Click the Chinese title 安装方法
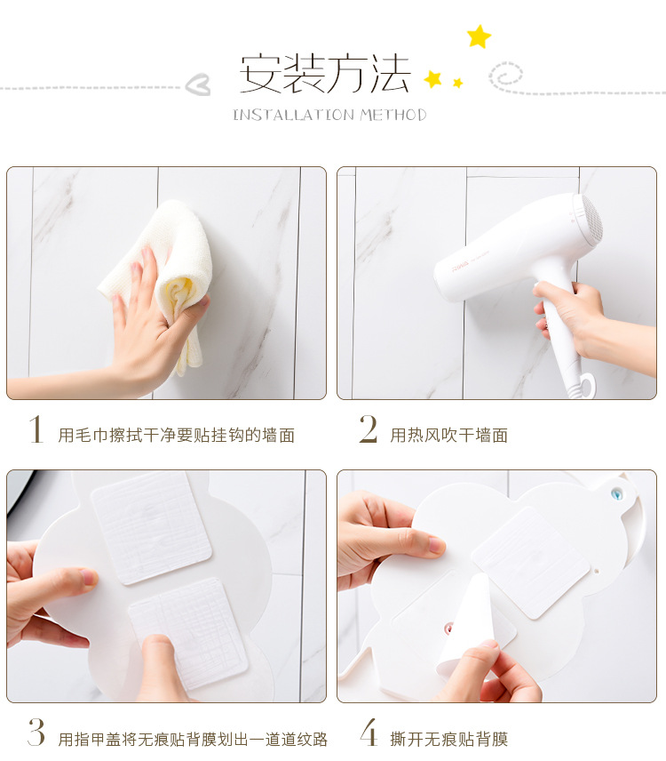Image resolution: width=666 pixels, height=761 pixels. (325, 73)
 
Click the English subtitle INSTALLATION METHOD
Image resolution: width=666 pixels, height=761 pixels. (329, 115)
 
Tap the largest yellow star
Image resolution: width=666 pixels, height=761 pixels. (479, 36)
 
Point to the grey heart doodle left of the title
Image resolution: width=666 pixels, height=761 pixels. (198, 84)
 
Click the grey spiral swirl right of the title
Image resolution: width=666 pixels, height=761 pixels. (506, 76)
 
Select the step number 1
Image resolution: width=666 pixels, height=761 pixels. (36, 429)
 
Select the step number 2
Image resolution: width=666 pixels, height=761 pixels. (369, 429)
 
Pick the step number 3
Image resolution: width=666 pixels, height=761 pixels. (36, 732)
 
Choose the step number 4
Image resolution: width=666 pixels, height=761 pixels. (369, 732)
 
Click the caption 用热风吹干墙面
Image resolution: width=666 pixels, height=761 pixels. (448, 435)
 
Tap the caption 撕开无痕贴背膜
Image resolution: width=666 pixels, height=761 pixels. (448, 739)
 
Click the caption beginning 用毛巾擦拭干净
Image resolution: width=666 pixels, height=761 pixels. (177, 435)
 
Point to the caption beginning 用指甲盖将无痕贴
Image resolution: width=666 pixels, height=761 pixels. (193, 739)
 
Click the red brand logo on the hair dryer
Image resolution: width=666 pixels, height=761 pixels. (461, 267)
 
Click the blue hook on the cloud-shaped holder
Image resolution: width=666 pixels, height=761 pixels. (616, 493)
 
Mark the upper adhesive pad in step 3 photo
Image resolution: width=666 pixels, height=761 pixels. (152, 527)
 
